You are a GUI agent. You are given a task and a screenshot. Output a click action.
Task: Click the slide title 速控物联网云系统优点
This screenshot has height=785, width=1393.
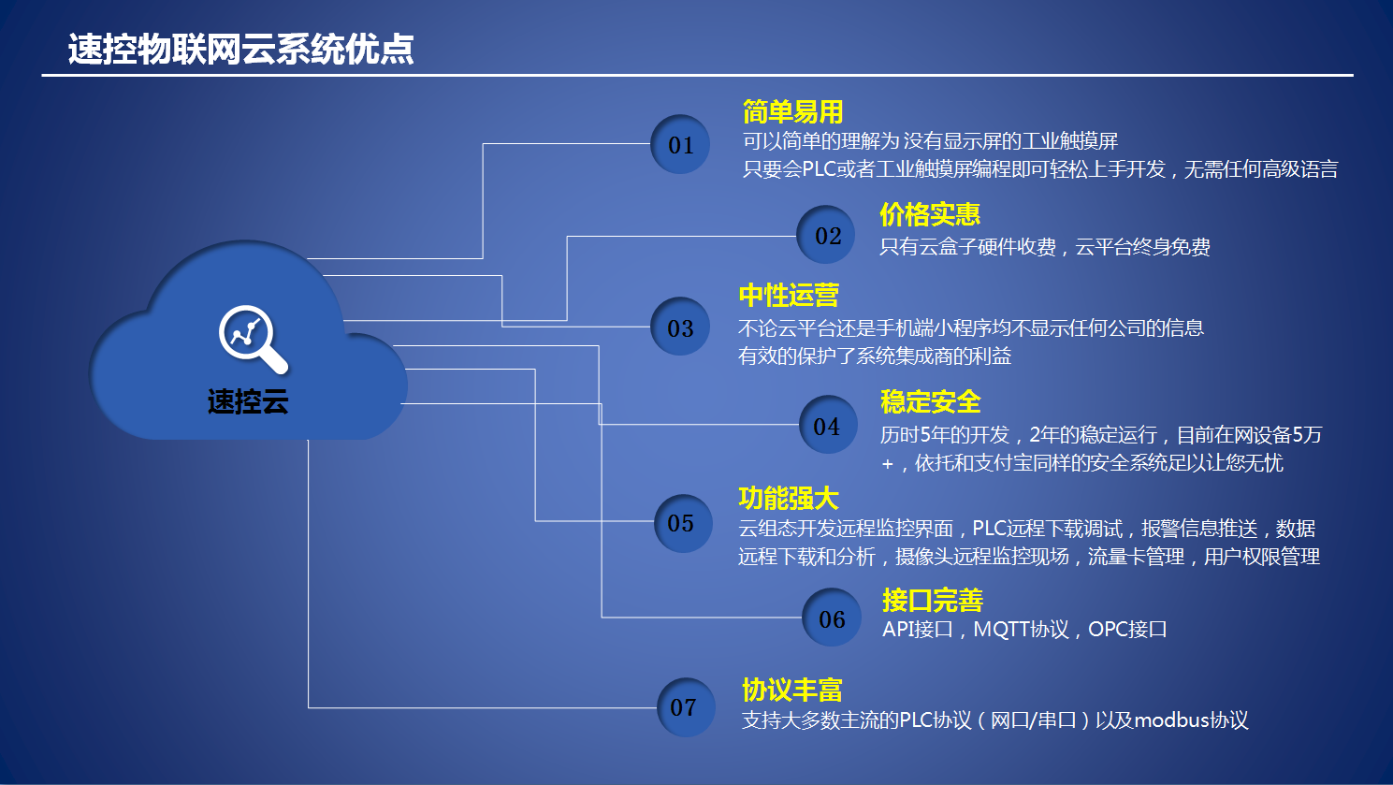coord(240,49)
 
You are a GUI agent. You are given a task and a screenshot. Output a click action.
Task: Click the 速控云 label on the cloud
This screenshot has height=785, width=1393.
coord(248,401)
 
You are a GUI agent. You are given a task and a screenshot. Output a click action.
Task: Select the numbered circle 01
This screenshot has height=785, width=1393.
coord(680,144)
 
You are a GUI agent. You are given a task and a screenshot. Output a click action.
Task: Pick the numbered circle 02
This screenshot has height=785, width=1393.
coord(827,235)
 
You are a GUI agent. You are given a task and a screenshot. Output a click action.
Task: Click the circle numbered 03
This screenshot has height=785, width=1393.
coord(680,327)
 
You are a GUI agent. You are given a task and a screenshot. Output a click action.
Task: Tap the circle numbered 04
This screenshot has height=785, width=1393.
coord(827,425)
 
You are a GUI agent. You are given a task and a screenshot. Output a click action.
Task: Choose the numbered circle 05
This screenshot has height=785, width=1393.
coord(683,523)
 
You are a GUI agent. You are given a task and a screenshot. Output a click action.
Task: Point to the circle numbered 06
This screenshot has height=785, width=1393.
coord(832,618)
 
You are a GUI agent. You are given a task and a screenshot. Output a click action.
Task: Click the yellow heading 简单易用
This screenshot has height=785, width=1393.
coord(793,112)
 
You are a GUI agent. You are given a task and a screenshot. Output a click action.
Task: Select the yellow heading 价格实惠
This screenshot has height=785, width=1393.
coord(930,215)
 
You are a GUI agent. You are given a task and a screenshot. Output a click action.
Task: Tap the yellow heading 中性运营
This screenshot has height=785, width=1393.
coord(789,296)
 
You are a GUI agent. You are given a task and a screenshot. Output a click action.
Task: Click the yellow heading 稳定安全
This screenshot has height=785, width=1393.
coord(930,402)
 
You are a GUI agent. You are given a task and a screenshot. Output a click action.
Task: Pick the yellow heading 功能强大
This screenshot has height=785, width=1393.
coord(789,499)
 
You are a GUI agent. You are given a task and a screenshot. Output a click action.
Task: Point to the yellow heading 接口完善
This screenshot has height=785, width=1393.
coord(933,601)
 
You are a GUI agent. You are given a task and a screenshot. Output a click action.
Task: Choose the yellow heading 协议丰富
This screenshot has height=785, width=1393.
coord(792,691)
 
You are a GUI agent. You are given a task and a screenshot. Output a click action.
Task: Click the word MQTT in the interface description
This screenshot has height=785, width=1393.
coord(1001,630)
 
